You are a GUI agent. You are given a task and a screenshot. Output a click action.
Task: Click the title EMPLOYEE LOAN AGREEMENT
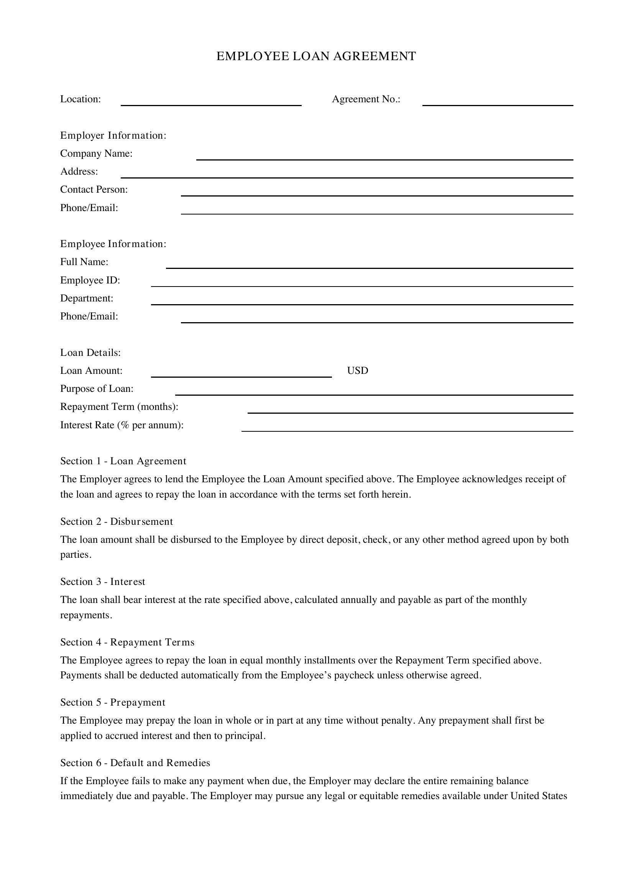[x=316, y=56]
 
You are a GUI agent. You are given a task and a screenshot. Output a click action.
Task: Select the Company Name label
[x=96, y=153]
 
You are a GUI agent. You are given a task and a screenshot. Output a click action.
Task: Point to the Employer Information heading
[x=113, y=135]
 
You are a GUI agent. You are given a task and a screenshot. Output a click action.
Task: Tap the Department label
[x=87, y=298]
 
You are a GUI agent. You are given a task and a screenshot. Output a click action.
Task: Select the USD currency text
[x=357, y=370]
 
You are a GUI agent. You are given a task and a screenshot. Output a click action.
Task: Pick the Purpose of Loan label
[x=97, y=389]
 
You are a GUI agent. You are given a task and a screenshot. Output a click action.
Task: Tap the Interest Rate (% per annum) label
[x=122, y=425]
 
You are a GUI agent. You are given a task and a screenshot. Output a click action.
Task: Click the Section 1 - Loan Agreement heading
[x=123, y=461]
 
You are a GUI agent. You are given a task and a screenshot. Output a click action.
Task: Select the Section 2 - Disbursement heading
[x=117, y=521]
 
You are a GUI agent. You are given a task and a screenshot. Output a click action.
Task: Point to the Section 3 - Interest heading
[x=102, y=581]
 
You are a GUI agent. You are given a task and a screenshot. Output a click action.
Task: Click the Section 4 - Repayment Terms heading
[x=127, y=642]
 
